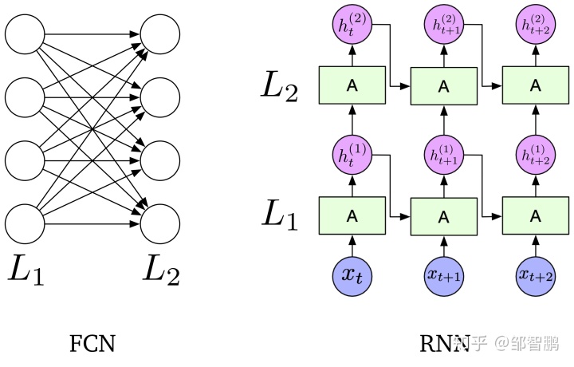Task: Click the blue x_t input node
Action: [x=352, y=273]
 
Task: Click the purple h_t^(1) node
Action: [x=352, y=155]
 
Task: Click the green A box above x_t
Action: [x=352, y=215]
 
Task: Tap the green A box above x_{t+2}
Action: [x=536, y=215]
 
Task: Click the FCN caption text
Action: [x=92, y=344]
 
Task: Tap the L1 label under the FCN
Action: [x=26, y=271]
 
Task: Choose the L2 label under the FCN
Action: [x=162, y=271]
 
